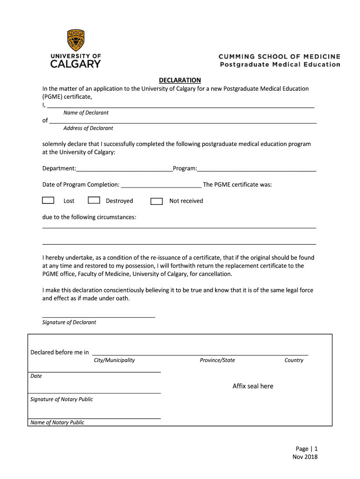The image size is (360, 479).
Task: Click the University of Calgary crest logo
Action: (76, 40)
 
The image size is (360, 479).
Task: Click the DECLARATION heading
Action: (180, 80)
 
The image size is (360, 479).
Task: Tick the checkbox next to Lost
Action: (48, 200)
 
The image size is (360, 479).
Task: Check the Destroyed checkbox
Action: (94, 200)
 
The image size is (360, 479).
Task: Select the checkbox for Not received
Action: (157, 201)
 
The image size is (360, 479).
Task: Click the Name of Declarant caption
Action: (86, 113)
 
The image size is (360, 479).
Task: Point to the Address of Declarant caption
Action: (88, 128)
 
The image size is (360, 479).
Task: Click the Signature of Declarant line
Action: (99, 317)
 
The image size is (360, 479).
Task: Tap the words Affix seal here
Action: (253, 386)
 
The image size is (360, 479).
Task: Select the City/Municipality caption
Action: (114, 360)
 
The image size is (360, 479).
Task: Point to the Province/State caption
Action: (217, 360)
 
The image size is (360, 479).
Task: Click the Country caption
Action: (294, 360)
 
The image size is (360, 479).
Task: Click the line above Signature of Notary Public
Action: (95, 393)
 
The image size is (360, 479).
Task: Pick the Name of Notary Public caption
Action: (57, 422)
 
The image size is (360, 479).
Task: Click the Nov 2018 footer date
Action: (305, 457)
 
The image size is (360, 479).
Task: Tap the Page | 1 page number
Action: (306, 449)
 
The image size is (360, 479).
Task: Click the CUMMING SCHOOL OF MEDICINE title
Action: (280, 57)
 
